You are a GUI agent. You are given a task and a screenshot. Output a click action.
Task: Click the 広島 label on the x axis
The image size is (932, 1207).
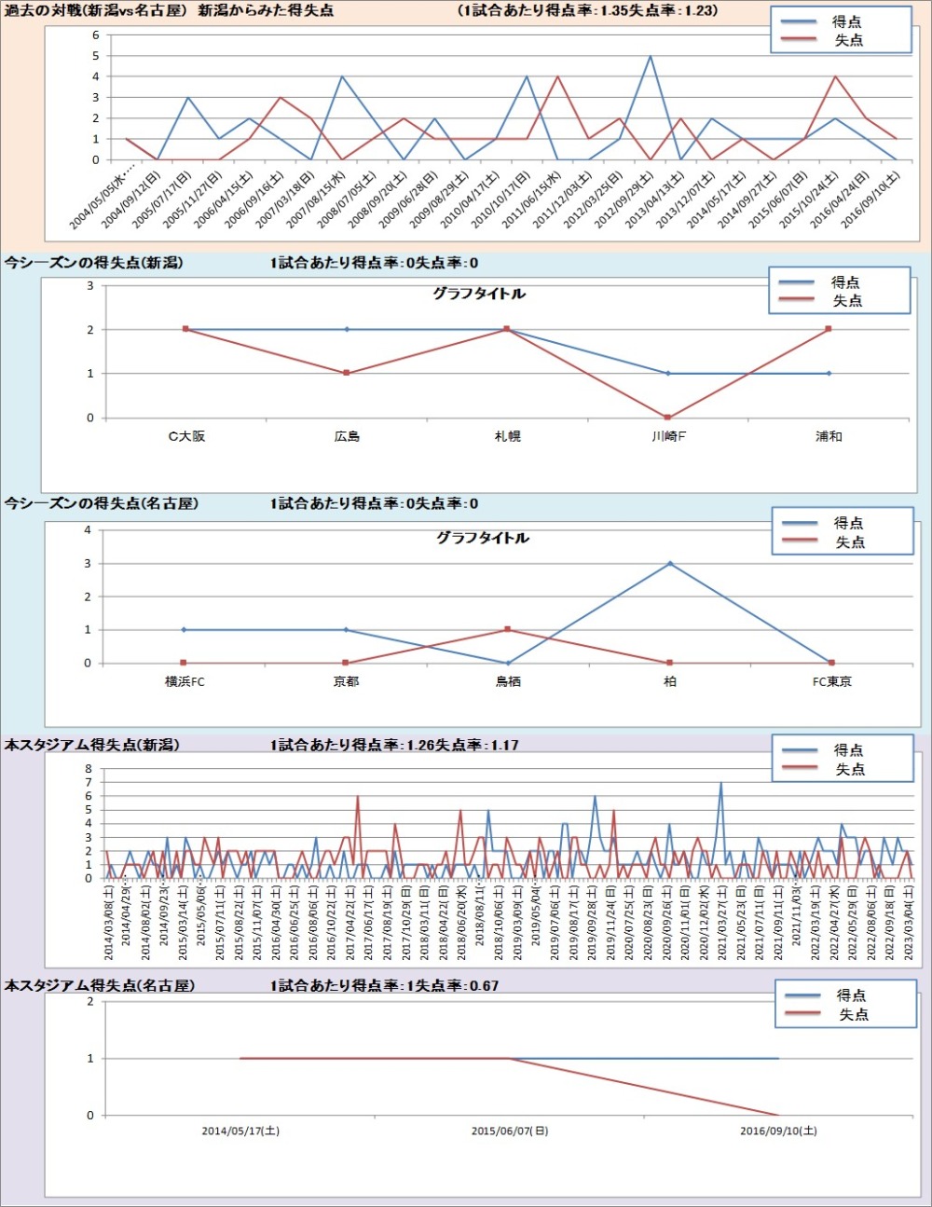pos(347,436)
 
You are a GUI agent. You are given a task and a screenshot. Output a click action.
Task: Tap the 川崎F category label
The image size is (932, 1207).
pos(668,436)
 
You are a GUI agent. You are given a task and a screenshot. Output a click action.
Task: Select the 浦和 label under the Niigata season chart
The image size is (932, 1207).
pos(829,436)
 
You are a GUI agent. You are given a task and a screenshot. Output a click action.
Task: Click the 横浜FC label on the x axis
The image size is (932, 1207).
pos(185,682)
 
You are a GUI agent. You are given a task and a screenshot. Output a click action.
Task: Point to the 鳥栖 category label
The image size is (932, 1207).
pos(508,682)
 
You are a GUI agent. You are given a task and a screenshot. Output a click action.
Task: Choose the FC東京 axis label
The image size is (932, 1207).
pos(831,682)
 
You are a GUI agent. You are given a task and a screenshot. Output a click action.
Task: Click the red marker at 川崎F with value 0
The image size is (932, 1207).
pos(667,418)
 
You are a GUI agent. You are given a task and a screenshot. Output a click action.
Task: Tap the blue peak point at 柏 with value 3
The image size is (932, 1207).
pos(670,564)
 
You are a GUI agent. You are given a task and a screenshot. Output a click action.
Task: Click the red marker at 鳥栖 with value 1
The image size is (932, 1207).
pos(508,630)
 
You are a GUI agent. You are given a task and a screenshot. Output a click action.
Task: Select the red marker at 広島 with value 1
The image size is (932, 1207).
pos(347,373)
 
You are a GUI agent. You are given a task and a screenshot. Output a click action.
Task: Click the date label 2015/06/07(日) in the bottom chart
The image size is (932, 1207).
pos(510,1132)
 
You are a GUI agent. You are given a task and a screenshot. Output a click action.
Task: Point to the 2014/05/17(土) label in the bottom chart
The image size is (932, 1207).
pos(240,1132)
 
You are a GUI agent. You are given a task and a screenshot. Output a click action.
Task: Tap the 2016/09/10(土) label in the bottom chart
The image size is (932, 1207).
pos(778,1132)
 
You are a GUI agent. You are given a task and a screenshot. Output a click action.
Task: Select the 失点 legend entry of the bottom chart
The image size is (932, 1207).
pos(853,1014)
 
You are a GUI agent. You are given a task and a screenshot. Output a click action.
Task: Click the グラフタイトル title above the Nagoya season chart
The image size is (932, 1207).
pos(483,538)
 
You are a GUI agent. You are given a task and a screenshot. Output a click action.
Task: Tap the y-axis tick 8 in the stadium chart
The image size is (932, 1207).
pos(89,769)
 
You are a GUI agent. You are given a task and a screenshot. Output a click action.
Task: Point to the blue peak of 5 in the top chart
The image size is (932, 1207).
pos(651,56)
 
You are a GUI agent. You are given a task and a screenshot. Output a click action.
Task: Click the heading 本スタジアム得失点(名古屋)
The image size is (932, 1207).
pos(100,985)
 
